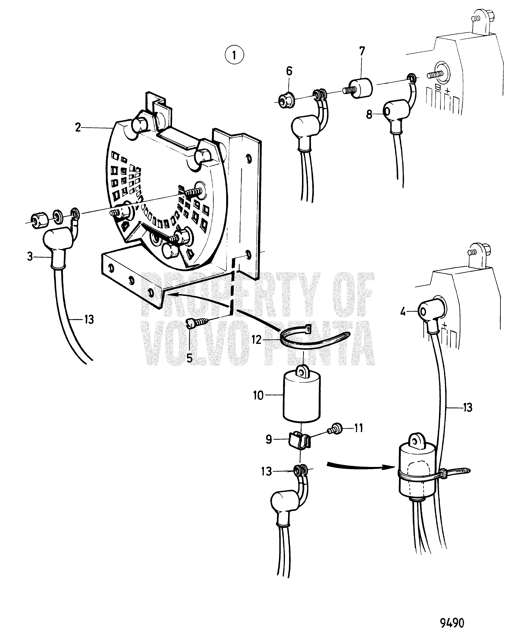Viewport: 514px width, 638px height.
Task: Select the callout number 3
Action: coord(30,256)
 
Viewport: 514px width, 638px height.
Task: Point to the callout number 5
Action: coord(189,358)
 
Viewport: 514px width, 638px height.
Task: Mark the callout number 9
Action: coord(269,440)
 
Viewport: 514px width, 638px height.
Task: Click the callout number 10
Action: coord(258,395)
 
